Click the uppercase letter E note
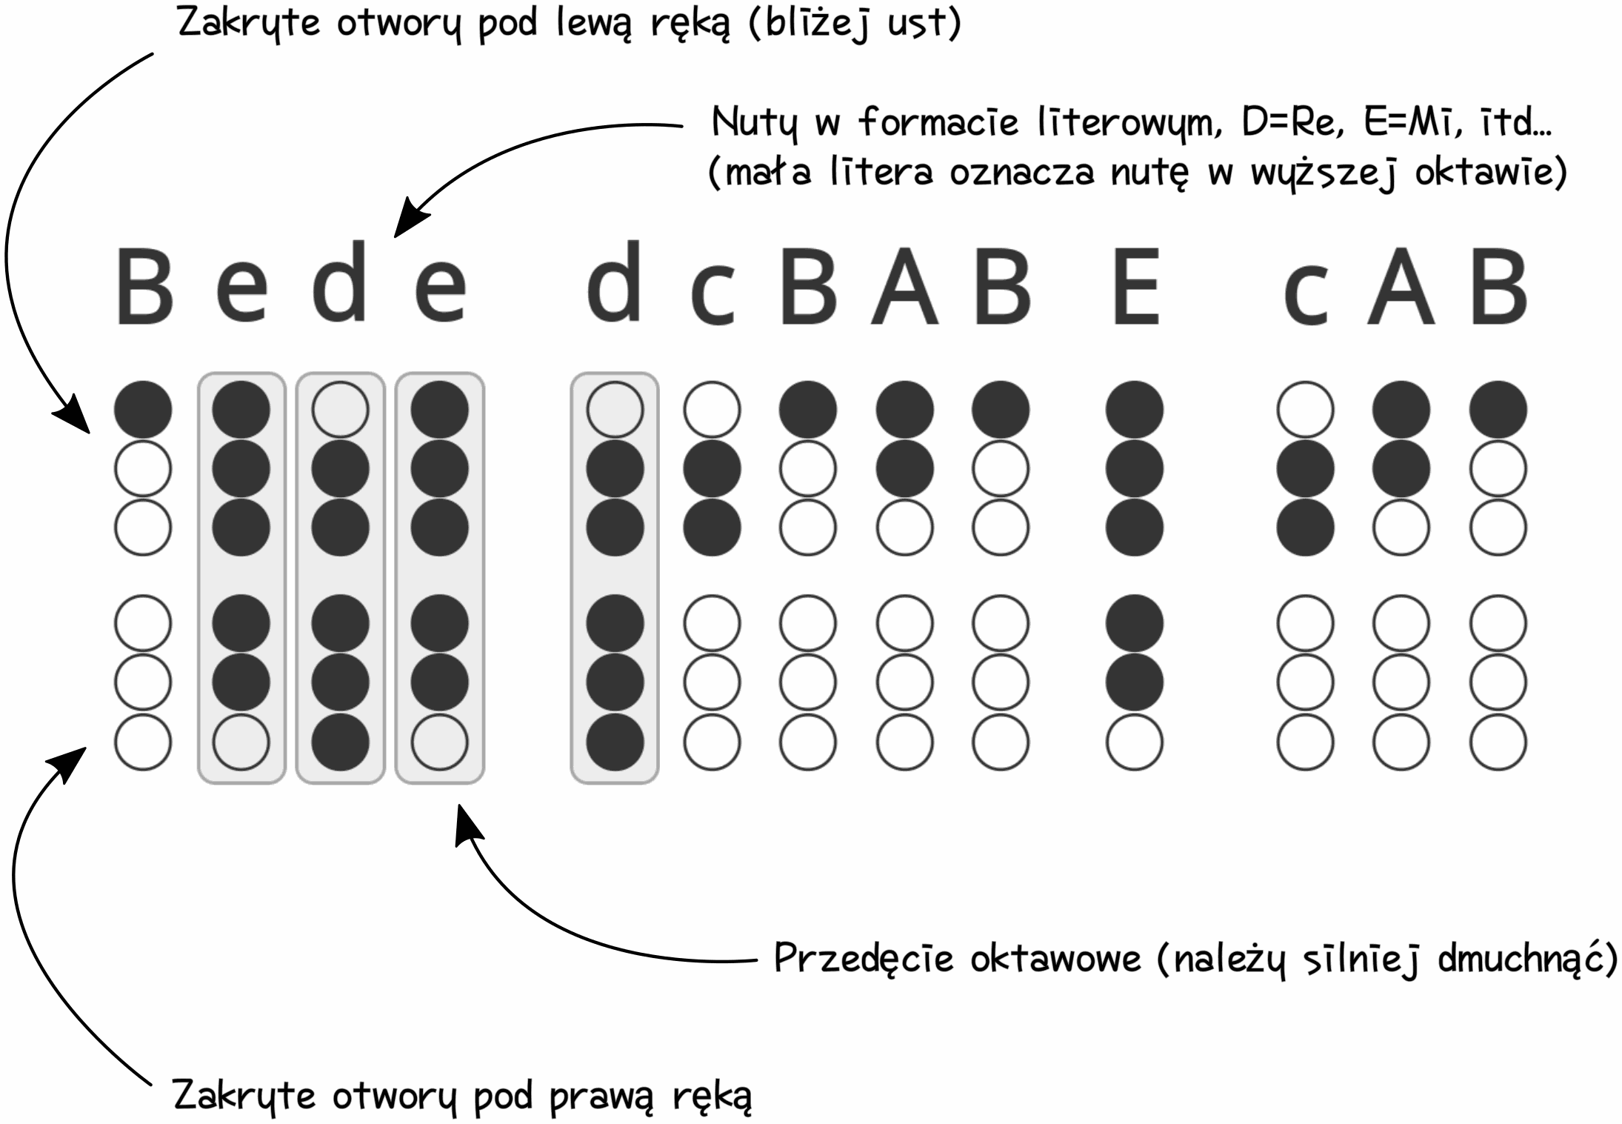1135,287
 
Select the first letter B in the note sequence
144,287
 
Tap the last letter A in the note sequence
1401,287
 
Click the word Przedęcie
864,959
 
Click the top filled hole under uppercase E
1134,409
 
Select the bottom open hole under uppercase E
1134,742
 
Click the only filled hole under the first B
143,409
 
